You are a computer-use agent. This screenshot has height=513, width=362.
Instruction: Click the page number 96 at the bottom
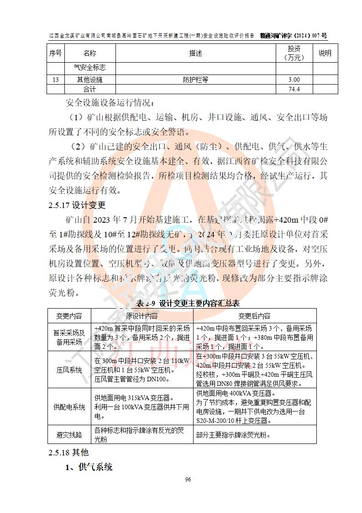tap(188, 479)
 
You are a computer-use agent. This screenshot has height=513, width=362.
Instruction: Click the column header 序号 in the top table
tap(55, 53)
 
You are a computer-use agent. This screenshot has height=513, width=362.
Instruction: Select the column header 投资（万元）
tap(294, 53)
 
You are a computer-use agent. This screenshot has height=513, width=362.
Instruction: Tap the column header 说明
tap(325, 53)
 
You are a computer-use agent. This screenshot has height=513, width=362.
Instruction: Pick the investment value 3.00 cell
tap(294, 80)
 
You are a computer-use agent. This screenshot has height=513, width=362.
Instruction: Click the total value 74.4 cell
tap(294, 89)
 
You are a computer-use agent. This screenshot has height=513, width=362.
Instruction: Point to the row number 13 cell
tap(55, 80)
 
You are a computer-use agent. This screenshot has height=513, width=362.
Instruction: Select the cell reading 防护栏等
tap(195, 80)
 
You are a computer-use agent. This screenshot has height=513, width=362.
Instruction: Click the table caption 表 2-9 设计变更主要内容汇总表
tap(188, 303)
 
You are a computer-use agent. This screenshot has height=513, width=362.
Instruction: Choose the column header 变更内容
tap(69, 316)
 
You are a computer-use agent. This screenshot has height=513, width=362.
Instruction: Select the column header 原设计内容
tap(142, 316)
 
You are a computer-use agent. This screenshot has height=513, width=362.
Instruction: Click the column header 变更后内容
tap(254, 316)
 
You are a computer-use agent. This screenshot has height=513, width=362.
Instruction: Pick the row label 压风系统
tap(69, 369)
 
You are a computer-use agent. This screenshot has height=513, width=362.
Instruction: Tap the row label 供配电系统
tap(69, 406)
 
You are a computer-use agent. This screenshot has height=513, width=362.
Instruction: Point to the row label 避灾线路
tap(69, 434)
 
